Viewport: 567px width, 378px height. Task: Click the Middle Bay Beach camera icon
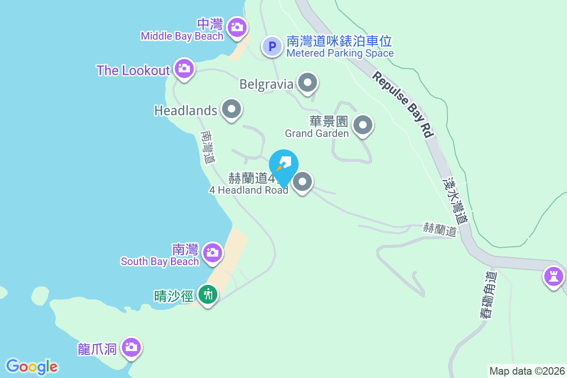click(237, 27)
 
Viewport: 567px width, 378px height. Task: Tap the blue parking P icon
click(272, 46)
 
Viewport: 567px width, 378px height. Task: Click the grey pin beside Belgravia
click(308, 83)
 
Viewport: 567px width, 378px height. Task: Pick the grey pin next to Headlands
click(232, 109)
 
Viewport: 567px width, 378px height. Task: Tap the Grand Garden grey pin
click(363, 125)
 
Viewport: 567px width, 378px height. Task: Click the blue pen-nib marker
click(284, 165)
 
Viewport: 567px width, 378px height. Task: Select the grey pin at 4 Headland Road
click(303, 181)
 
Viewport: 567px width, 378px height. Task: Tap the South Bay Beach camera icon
click(213, 252)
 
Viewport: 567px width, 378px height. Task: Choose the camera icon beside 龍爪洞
click(131, 348)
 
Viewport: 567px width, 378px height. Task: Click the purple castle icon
click(553, 275)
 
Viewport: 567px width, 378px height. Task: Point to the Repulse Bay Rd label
click(403, 104)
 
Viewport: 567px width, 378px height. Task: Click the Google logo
click(32, 367)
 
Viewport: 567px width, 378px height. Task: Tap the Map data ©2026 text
click(526, 371)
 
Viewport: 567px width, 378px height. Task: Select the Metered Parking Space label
click(340, 53)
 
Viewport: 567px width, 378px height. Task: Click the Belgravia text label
click(266, 84)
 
